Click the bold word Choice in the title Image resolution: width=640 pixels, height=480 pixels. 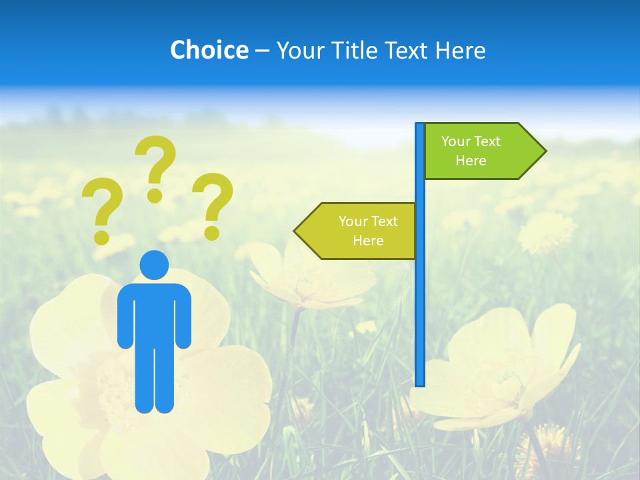click(x=209, y=50)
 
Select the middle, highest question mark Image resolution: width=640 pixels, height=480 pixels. click(x=156, y=167)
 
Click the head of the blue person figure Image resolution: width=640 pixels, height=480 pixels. click(x=154, y=265)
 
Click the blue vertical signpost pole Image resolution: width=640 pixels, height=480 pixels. click(x=420, y=300)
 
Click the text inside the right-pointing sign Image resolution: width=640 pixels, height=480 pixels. click(x=471, y=151)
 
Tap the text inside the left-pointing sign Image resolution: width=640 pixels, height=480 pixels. click(x=368, y=231)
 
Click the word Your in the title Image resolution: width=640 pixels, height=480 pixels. click(x=297, y=50)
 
